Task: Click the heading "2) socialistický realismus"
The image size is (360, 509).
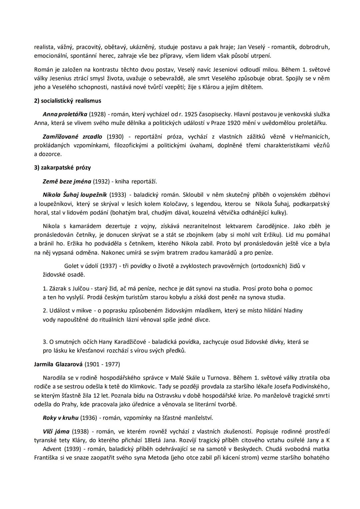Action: [x=68, y=101]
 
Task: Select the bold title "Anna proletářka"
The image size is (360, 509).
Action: [x=65, y=114]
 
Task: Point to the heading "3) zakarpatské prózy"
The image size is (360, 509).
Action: [x=62, y=168]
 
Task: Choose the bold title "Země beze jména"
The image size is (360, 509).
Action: [x=67, y=182]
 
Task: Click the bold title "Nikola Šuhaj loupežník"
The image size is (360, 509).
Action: [x=75, y=195]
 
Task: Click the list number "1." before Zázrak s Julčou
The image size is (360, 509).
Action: [x=45, y=288]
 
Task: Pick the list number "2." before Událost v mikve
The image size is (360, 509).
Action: [x=45, y=311]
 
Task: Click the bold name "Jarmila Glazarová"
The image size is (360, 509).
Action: [x=58, y=364]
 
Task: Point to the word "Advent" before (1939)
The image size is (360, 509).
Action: [x=52, y=449]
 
